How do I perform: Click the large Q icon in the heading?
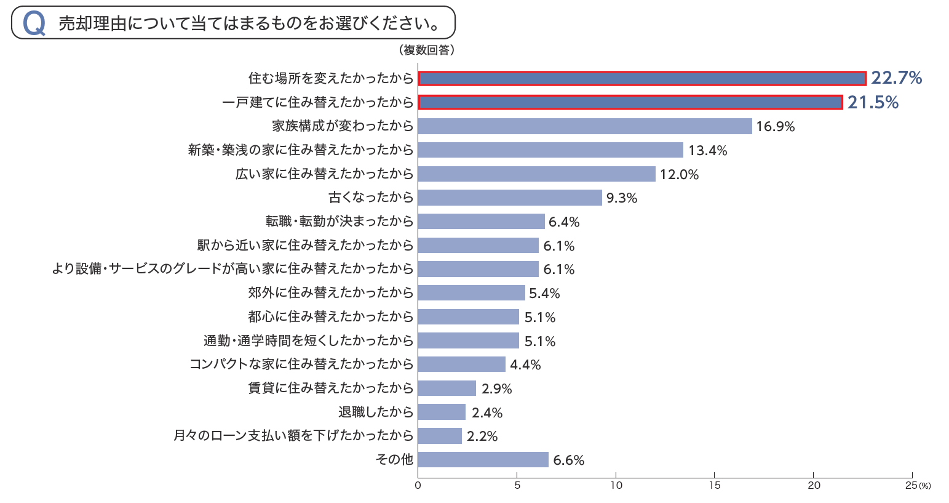(34, 23)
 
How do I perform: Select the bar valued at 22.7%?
(642, 78)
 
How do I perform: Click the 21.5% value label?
(873, 102)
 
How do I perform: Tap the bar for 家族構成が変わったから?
(585, 126)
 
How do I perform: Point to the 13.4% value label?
(707, 150)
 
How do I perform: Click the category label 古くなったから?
(371, 198)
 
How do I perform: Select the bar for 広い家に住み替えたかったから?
(537, 174)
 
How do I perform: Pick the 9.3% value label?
(621, 198)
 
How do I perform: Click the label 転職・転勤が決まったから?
(339, 222)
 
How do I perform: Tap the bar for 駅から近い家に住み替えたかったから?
(478, 246)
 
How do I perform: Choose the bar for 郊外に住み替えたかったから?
(472, 293)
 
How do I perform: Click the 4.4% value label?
(525, 365)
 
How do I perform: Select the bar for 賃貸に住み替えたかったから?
(447, 388)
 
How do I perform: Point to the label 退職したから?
(376, 412)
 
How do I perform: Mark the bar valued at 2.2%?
(440, 436)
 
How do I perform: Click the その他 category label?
(394, 460)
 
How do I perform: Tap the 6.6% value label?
(568, 461)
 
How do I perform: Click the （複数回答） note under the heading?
(426, 50)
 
